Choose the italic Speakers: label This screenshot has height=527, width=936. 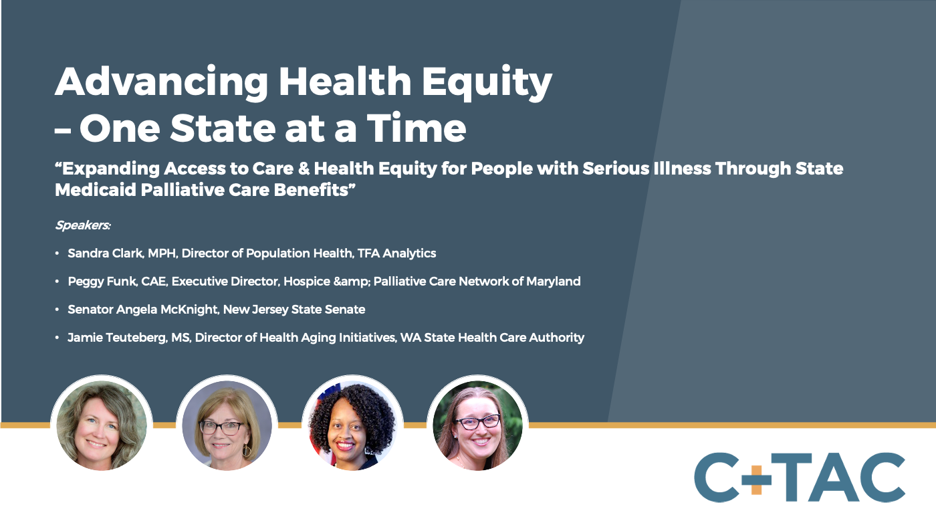point(82,225)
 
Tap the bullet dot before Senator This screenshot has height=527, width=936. point(57,310)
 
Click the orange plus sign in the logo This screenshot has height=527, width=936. point(756,478)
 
